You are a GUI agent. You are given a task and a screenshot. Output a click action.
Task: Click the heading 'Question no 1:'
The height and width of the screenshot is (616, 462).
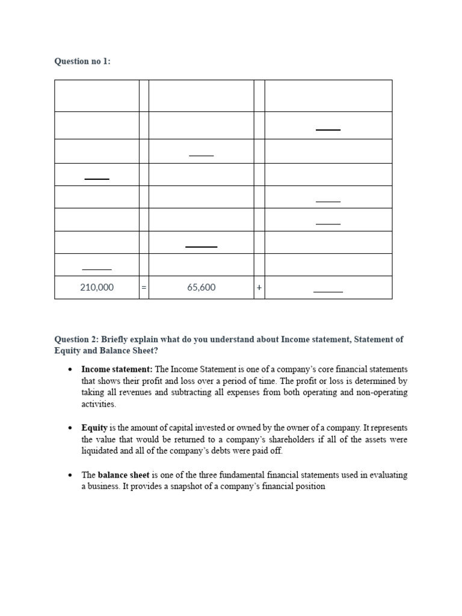pos(82,61)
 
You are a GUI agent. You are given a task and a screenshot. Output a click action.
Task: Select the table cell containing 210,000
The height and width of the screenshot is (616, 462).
pos(96,288)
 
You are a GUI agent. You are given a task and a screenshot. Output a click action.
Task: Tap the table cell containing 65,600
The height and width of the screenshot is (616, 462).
pos(201,288)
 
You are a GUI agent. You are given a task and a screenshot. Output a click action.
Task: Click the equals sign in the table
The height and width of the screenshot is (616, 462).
pos(144,288)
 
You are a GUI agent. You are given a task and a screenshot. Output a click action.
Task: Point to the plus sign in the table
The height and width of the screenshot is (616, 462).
pos(259,288)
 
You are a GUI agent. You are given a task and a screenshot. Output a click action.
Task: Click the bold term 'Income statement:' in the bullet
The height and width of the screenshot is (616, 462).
pos(117,369)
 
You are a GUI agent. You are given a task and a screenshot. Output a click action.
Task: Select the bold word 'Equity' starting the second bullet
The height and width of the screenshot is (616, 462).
pos(94,428)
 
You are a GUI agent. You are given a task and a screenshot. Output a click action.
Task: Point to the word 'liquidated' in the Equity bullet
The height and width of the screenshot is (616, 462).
pos(102,451)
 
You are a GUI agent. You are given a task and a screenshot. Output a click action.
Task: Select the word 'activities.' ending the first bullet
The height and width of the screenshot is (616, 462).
pos(99,404)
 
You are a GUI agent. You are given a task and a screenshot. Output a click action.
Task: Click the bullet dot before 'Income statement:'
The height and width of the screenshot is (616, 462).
pos(70,369)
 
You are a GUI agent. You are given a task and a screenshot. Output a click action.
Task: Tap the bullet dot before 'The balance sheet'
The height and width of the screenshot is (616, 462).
pos(70,475)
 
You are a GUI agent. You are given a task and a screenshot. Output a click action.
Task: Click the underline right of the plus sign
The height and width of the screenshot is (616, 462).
pos(328,292)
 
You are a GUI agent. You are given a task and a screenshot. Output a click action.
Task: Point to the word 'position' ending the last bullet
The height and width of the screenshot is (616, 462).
pos(309,486)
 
